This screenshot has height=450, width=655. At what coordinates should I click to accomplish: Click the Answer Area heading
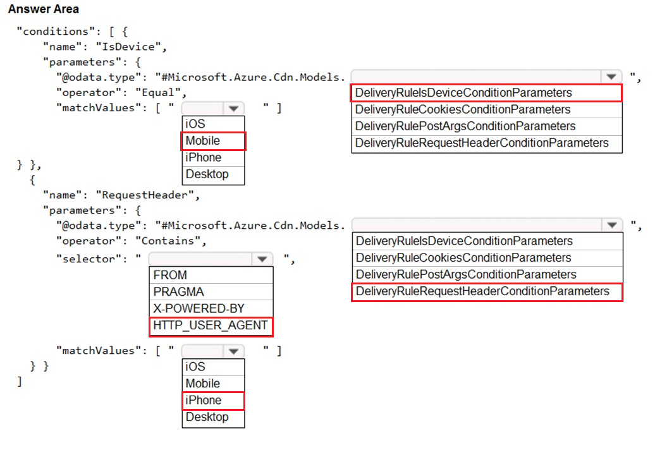(44, 9)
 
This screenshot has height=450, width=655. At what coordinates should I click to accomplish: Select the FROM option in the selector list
(170, 275)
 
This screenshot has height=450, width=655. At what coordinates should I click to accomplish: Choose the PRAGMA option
(178, 292)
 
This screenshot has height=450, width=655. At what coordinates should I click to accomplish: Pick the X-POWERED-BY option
(199, 308)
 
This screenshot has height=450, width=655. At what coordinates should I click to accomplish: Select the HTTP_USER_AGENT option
(211, 325)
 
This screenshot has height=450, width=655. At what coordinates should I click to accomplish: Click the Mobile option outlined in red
(213, 141)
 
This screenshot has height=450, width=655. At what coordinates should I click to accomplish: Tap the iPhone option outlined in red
(213, 400)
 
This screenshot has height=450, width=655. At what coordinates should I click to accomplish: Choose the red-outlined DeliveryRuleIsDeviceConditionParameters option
(486, 93)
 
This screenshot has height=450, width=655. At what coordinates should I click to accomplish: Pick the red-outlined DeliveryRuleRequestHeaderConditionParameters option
(487, 292)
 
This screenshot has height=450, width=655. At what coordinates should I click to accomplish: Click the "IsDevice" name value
(128, 47)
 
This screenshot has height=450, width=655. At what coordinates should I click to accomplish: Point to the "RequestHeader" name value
(145, 195)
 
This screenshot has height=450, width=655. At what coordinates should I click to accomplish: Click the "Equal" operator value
(158, 93)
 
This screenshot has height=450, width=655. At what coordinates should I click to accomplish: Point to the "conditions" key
(52, 32)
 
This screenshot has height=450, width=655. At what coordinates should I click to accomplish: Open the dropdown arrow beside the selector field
(262, 259)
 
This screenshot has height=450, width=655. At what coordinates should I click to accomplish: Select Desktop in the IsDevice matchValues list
(207, 174)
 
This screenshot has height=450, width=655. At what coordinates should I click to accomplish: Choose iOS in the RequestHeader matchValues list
(195, 367)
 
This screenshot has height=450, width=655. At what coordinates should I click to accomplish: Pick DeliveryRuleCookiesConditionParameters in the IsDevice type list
(463, 109)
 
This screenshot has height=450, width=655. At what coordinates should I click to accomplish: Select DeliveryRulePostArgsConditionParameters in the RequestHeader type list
(466, 274)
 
